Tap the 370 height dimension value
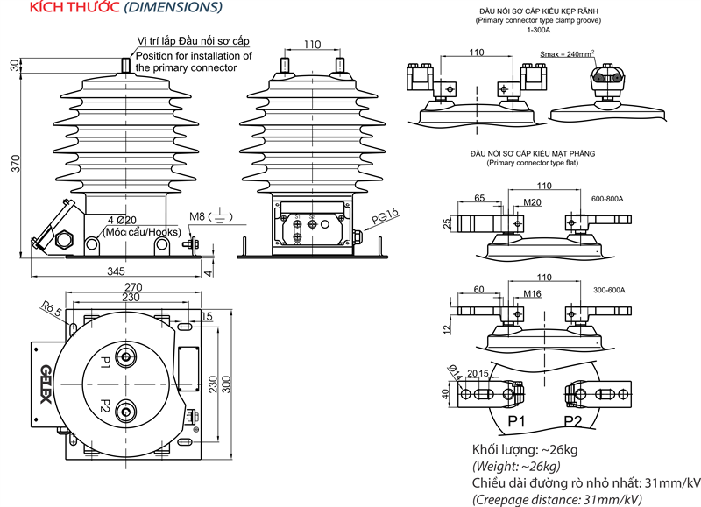pyautogui.click(x=14, y=163)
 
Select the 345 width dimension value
pyautogui.click(x=116, y=272)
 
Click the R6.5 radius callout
pyautogui.click(x=49, y=308)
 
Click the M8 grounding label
pyautogui.click(x=197, y=216)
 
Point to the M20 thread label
pyautogui.click(x=532, y=203)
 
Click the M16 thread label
pyautogui.click(x=532, y=294)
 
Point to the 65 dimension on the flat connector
pyautogui.click(x=479, y=199)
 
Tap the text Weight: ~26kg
pyautogui.click(x=525, y=468)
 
